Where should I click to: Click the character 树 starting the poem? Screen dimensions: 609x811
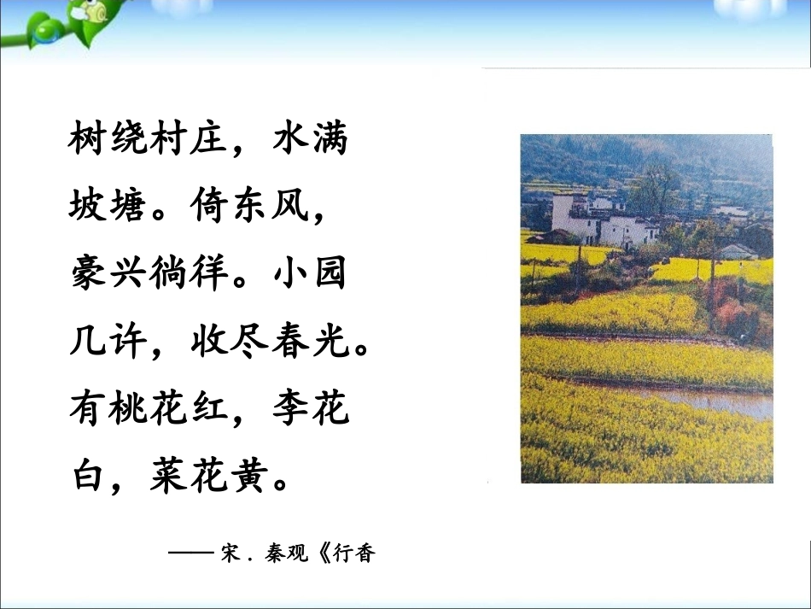click(88, 139)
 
